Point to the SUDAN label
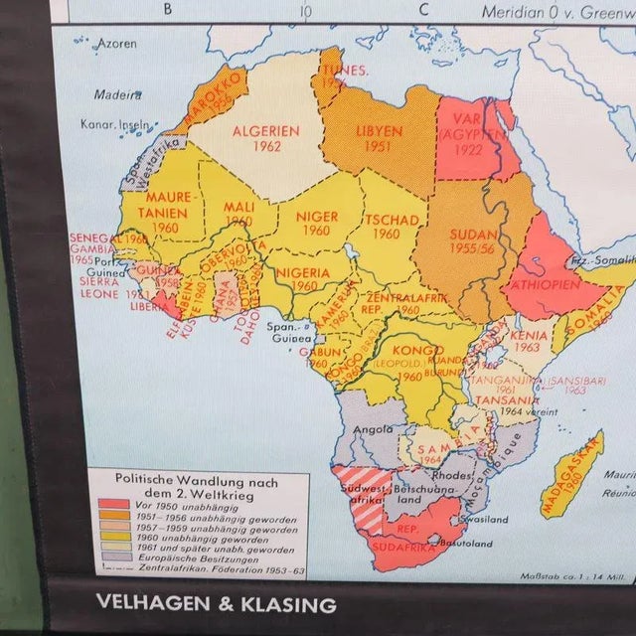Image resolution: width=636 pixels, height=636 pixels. (473, 235)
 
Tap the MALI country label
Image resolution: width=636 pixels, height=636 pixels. (238, 208)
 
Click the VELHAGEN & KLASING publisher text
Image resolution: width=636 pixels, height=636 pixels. (216, 603)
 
